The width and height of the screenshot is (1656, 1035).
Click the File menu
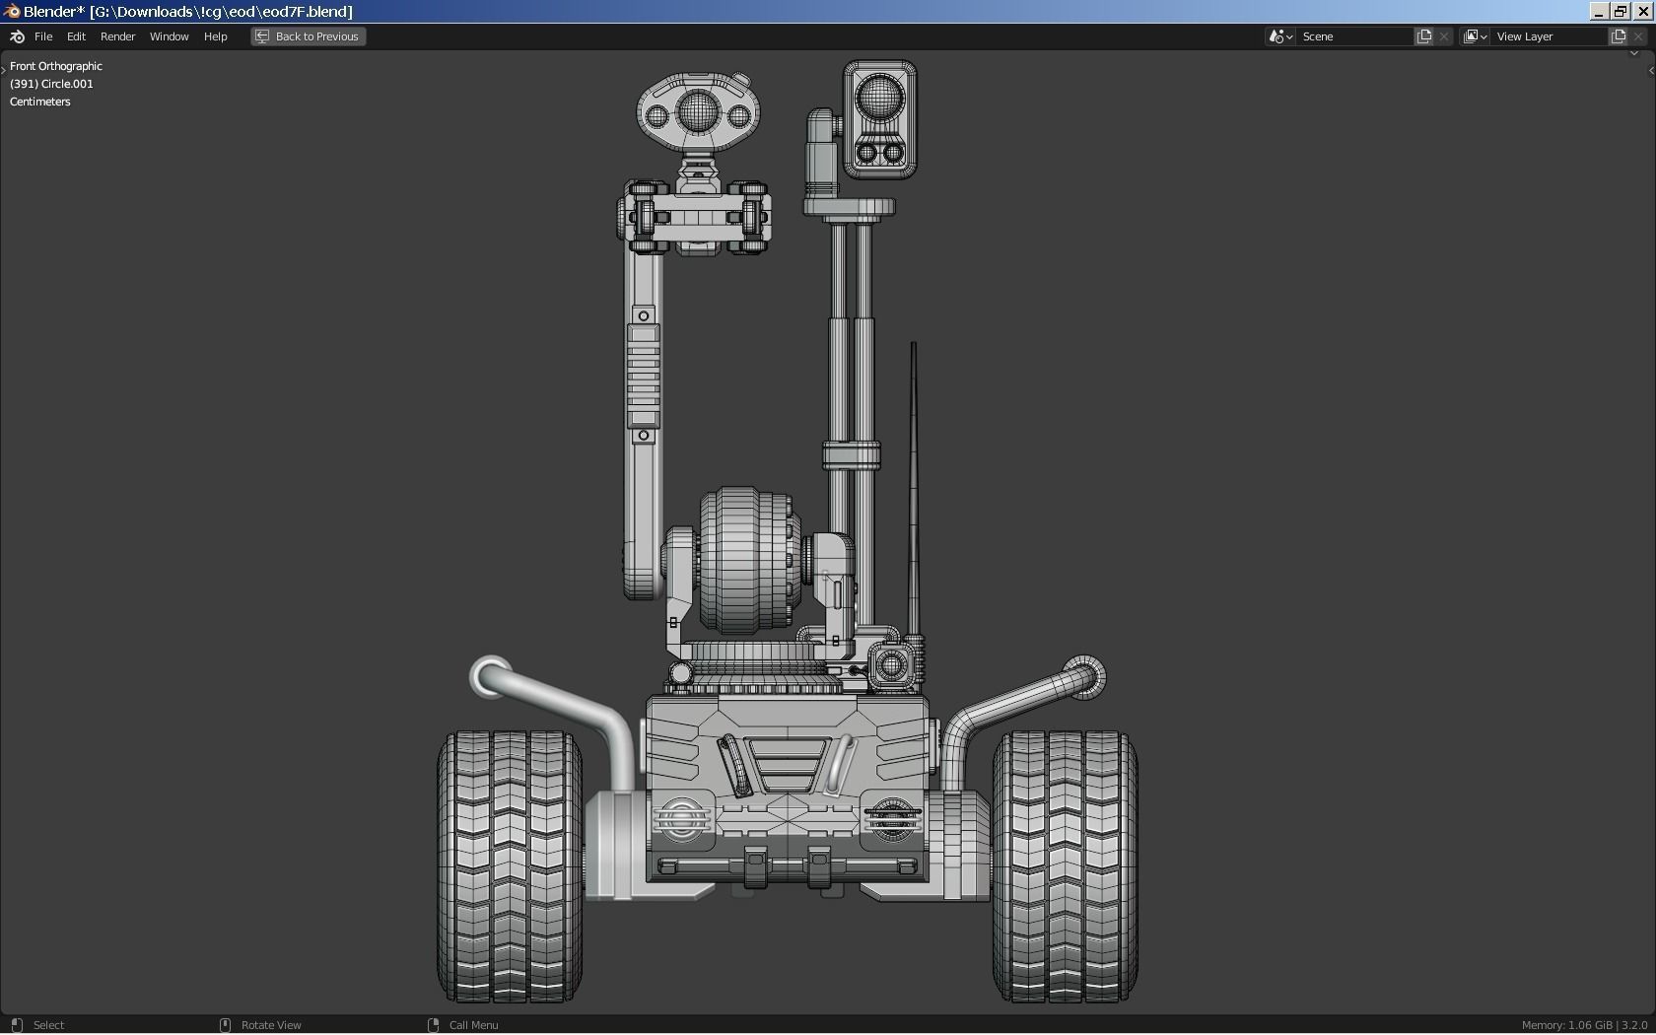tap(43, 36)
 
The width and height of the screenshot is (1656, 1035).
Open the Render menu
tap(117, 36)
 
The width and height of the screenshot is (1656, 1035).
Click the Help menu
tap(215, 36)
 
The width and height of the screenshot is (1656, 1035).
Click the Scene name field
tap(1354, 36)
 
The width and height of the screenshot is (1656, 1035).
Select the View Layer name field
tap(1548, 36)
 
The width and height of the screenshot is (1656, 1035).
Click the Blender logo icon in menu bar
tap(17, 36)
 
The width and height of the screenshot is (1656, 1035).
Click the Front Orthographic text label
tap(56, 66)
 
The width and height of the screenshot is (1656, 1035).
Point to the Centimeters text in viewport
tap(40, 102)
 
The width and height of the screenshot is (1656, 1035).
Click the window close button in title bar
tap(1643, 11)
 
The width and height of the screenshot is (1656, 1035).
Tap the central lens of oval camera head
tap(697, 113)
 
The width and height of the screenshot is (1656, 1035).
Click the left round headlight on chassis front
tap(679, 818)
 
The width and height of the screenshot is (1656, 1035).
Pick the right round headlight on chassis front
tap(891, 818)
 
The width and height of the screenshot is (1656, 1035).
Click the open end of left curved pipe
tap(488, 677)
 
